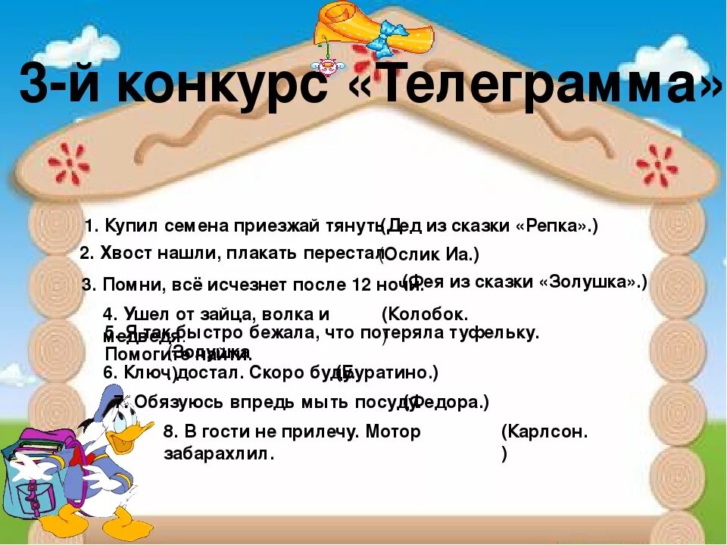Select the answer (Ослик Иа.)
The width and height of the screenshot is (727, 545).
[x=430, y=255]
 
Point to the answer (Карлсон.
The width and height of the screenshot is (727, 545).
[x=544, y=432]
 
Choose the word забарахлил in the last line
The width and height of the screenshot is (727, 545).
[x=219, y=453]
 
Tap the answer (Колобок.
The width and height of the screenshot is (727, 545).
[x=425, y=313]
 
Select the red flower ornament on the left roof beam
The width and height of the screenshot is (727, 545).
[x=69, y=163]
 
